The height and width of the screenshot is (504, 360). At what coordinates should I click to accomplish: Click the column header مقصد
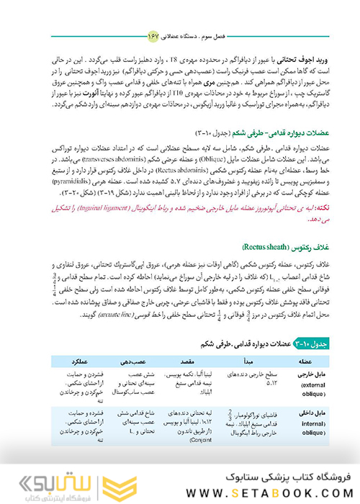click(x=197, y=361)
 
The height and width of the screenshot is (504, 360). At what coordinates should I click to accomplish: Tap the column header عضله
click(x=305, y=361)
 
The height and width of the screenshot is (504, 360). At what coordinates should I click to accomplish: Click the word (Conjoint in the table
click(x=188, y=445)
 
